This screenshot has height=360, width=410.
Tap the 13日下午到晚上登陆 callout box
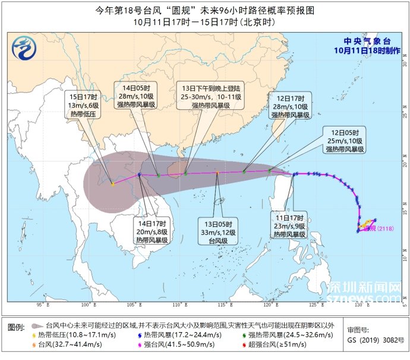[x=212, y=96]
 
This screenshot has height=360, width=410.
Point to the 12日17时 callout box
[x=290, y=106]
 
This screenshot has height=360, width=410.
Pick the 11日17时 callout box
[x=289, y=225]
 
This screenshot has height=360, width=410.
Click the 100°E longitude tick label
[x=89, y=305]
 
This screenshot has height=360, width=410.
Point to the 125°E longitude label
[x=316, y=305]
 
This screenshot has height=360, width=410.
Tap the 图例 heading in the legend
[x=16, y=327]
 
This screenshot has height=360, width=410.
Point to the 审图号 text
[x=358, y=329]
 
